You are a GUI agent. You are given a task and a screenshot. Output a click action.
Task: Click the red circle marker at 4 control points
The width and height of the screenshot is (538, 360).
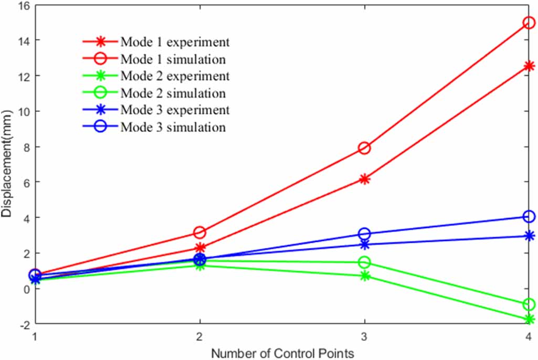pyautogui.click(x=529, y=23)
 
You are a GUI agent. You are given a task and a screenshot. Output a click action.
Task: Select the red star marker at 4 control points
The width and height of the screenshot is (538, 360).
pyautogui.click(x=529, y=66)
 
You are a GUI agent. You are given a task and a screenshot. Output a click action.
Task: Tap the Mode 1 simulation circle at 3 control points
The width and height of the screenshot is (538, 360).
pyautogui.click(x=364, y=148)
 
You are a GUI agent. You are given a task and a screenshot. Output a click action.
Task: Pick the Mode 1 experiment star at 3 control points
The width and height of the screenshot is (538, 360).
pyautogui.click(x=364, y=179)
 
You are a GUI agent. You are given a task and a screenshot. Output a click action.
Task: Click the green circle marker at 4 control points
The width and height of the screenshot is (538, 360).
pyautogui.click(x=529, y=304)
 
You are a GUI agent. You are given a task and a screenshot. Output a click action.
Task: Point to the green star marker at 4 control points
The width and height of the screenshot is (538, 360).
pyautogui.click(x=529, y=319)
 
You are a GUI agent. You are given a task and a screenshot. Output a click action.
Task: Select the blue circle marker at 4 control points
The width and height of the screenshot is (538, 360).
pyautogui.click(x=529, y=216)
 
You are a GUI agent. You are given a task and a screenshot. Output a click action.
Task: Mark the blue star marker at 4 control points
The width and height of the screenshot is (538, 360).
pyautogui.click(x=529, y=236)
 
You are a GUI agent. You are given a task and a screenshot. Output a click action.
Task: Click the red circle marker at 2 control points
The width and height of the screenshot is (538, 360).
pyautogui.click(x=199, y=232)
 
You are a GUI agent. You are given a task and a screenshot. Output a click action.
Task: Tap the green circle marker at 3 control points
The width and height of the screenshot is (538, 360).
pyautogui.click(x=364, y=262)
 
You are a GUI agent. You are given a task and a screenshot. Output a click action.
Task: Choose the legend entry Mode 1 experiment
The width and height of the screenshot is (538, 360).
pyautogui.click(x=175, y=41)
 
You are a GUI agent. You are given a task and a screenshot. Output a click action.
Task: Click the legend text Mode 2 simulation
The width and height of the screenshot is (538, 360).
pyautogui.click(x=173, y=93)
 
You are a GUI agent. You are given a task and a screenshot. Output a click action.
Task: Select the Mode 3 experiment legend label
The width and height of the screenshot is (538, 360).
pyautogui.click(x=175, y=110)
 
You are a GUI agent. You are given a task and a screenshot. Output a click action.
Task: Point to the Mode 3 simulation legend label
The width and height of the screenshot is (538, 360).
pyautogui.click(x=173, y=128)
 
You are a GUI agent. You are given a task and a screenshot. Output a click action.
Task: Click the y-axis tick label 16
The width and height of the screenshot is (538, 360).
pyautogui.click(x=24, y=6)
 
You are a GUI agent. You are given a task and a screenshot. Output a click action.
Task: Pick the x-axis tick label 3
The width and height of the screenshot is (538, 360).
pyautogui.click(x=364, y=336)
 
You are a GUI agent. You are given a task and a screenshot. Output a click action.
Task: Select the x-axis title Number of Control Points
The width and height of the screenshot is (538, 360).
pyautogui.click(x=282, y=352)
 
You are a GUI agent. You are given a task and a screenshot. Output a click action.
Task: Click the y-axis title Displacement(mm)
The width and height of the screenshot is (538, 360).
pyautogui.click(x=7, y=164)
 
